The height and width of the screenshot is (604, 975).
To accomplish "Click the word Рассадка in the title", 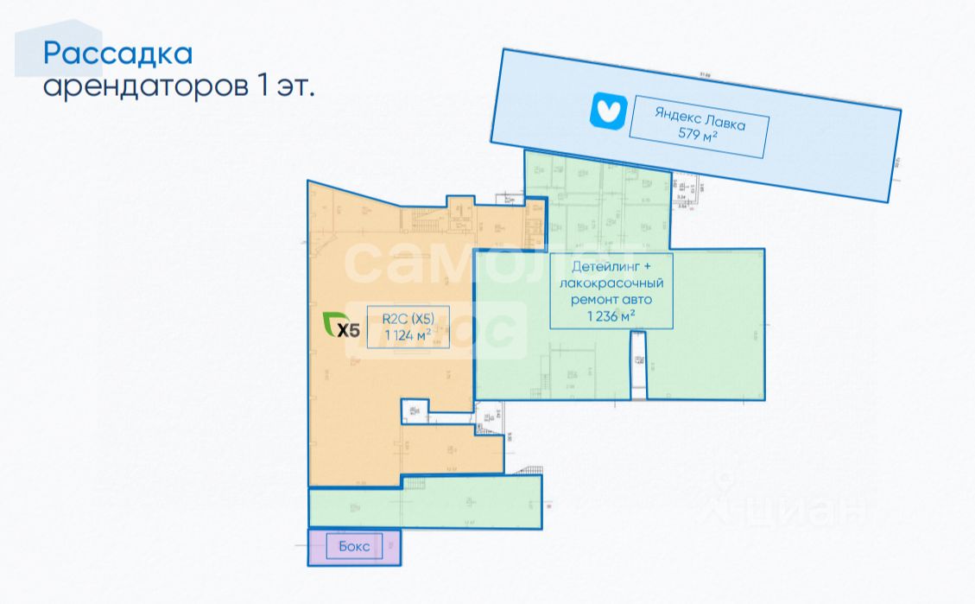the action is (x=117, y=54).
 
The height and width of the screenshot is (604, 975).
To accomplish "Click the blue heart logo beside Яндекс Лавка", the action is (x=606, y=111).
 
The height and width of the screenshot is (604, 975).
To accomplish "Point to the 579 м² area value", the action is (x=698, y=136).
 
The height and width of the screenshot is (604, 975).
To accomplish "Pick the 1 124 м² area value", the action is (x=396, y=336).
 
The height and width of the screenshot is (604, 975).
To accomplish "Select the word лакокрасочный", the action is (x=611, y=283).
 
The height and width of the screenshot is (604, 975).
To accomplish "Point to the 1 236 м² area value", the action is (x=611, y=315).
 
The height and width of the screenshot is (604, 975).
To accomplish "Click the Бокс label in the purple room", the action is (x=354, y=547).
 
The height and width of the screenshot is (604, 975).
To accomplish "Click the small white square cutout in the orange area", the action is (x=414, y=411).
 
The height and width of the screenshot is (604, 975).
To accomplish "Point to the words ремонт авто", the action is (x=611, y=299).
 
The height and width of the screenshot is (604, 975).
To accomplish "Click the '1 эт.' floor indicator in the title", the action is (x=285, y=86).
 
